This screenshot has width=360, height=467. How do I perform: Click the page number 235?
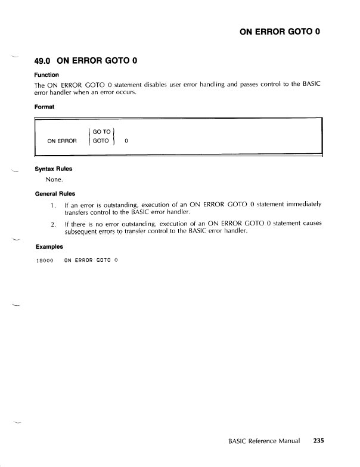click(x=318, y=442)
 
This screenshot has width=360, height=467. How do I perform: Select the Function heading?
click(x=46, y=75)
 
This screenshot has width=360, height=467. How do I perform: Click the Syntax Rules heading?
click(x=54, y=168)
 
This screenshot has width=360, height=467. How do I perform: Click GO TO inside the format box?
click(x=101, y=131)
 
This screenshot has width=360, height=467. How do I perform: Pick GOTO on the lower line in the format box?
click(x=101, y=141)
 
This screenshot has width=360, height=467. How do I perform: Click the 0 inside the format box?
click(x=126, y=141)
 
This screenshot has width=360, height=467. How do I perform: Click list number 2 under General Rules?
click(x=54, y=224)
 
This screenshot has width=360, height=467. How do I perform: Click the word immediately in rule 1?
click(x=299, y=205)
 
